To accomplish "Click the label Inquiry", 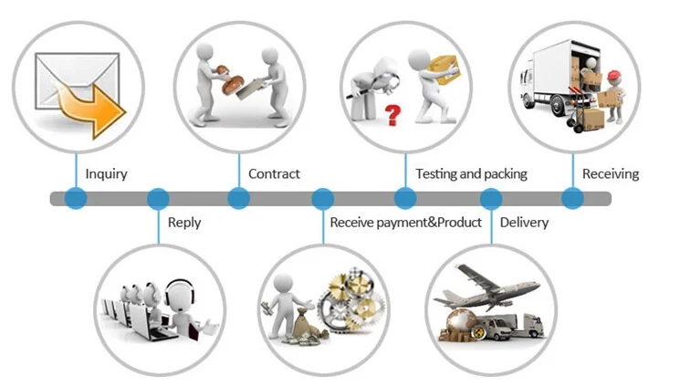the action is (106, 173).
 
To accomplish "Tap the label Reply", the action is (184, 222).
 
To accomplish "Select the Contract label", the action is (274, 173).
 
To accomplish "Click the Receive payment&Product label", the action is (405, 222).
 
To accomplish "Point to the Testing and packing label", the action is (471, 173).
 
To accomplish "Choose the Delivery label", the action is (524, 222).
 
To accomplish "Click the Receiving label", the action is (610, 173).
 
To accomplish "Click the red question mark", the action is (393, 115).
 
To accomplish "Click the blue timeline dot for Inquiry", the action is (76, 198).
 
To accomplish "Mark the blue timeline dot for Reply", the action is (158, 198).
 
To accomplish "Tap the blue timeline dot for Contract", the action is (238, 198).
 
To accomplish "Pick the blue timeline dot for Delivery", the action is (491, 198).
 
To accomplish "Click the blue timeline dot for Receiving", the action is (571, 198).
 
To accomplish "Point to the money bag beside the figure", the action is (300, 326).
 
